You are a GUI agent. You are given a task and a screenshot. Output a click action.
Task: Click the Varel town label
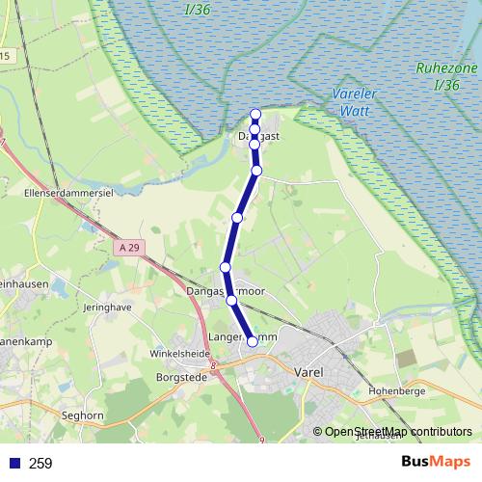(309, 372)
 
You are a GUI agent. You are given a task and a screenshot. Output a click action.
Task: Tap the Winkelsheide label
(180, 353)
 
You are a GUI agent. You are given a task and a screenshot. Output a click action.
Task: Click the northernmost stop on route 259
(255, 114)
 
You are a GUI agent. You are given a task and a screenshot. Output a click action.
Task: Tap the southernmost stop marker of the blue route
(253, 340)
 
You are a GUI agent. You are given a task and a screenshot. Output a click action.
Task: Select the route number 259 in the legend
(40, 464)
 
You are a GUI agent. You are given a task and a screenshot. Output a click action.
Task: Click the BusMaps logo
(435, 462)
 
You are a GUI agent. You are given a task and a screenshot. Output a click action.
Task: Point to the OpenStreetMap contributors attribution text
(398, 431)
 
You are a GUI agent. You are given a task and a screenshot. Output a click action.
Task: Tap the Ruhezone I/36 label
(446, 76)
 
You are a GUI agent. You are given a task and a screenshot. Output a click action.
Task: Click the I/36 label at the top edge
(197, 10)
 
